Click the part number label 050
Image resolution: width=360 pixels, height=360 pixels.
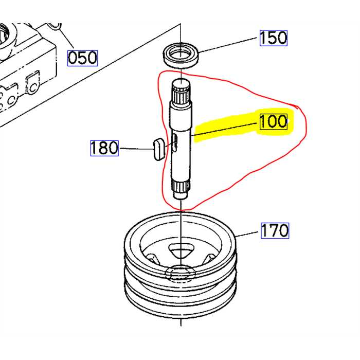(83, 58)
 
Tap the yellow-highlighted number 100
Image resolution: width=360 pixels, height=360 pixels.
(274, 122)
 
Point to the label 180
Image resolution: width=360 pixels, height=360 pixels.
(104, 148)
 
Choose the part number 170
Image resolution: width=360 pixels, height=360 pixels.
(275, 230)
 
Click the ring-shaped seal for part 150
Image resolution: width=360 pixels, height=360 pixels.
(181, 54)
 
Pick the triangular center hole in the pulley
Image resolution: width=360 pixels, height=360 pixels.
(181, 250)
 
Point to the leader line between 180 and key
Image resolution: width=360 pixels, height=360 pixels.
(135, 149)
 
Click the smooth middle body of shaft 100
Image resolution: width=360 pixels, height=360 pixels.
(181, 154)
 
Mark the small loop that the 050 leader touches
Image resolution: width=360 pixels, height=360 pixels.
(56, 23)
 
